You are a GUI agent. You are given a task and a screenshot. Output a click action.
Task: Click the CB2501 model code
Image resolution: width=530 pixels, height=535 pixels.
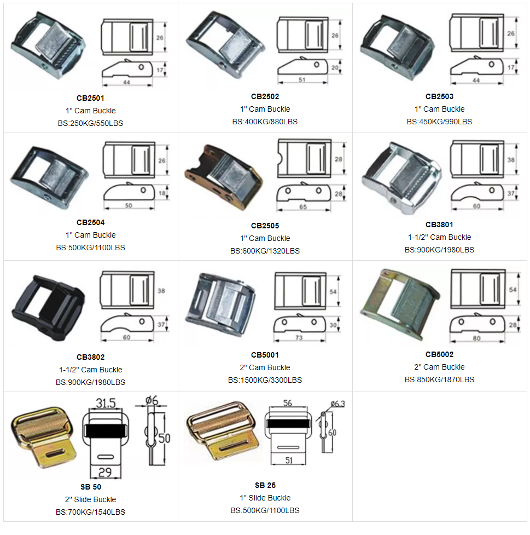tap(90, 98)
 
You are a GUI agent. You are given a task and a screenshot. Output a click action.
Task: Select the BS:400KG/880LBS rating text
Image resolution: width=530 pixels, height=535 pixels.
tap(265, 122)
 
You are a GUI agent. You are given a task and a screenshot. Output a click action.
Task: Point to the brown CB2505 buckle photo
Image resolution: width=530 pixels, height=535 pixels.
tap(224, 177)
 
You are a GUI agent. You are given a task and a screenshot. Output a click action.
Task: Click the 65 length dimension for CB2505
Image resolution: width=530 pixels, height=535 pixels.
tap(303, 207)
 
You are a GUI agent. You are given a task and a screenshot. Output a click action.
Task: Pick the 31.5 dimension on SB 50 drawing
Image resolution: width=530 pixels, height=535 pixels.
tap(106, 403)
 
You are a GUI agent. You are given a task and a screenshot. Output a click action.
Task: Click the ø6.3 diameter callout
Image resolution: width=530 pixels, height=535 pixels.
tap(338, 404)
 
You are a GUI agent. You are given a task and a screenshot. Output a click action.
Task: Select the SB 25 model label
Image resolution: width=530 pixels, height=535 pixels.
tap(265, 485)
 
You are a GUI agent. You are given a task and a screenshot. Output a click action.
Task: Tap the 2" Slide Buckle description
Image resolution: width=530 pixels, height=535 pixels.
tap(91, 499)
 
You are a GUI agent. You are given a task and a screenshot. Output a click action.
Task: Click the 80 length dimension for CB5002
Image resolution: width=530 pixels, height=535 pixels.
tap(476, 338)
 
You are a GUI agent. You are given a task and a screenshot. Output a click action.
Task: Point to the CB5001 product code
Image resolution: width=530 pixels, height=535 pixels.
tap(265, 355)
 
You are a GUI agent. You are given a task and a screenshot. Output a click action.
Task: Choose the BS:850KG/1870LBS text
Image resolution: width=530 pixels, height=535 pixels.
tap(439, 379)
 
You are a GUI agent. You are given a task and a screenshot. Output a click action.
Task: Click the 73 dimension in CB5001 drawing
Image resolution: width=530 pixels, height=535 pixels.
tap(299, 337)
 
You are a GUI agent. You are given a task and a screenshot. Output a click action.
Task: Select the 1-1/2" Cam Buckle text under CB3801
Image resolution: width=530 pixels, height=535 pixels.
tap(440, 237)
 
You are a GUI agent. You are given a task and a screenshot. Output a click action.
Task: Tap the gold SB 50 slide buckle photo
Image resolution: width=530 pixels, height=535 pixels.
tap(44, 437)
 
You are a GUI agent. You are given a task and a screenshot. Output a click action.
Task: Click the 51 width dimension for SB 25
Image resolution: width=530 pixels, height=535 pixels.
tap(289, 461)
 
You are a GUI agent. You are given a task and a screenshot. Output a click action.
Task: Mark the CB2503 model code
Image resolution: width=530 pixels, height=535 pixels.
tap(439, 96)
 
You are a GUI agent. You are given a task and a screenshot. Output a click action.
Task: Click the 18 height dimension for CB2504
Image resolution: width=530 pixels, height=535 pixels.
tap(162, 193)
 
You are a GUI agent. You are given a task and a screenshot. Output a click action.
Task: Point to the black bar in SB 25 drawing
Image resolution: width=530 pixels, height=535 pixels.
tap(288, 423)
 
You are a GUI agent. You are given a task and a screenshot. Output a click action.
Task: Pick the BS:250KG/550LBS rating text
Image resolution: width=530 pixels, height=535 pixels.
tap(90, 124)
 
